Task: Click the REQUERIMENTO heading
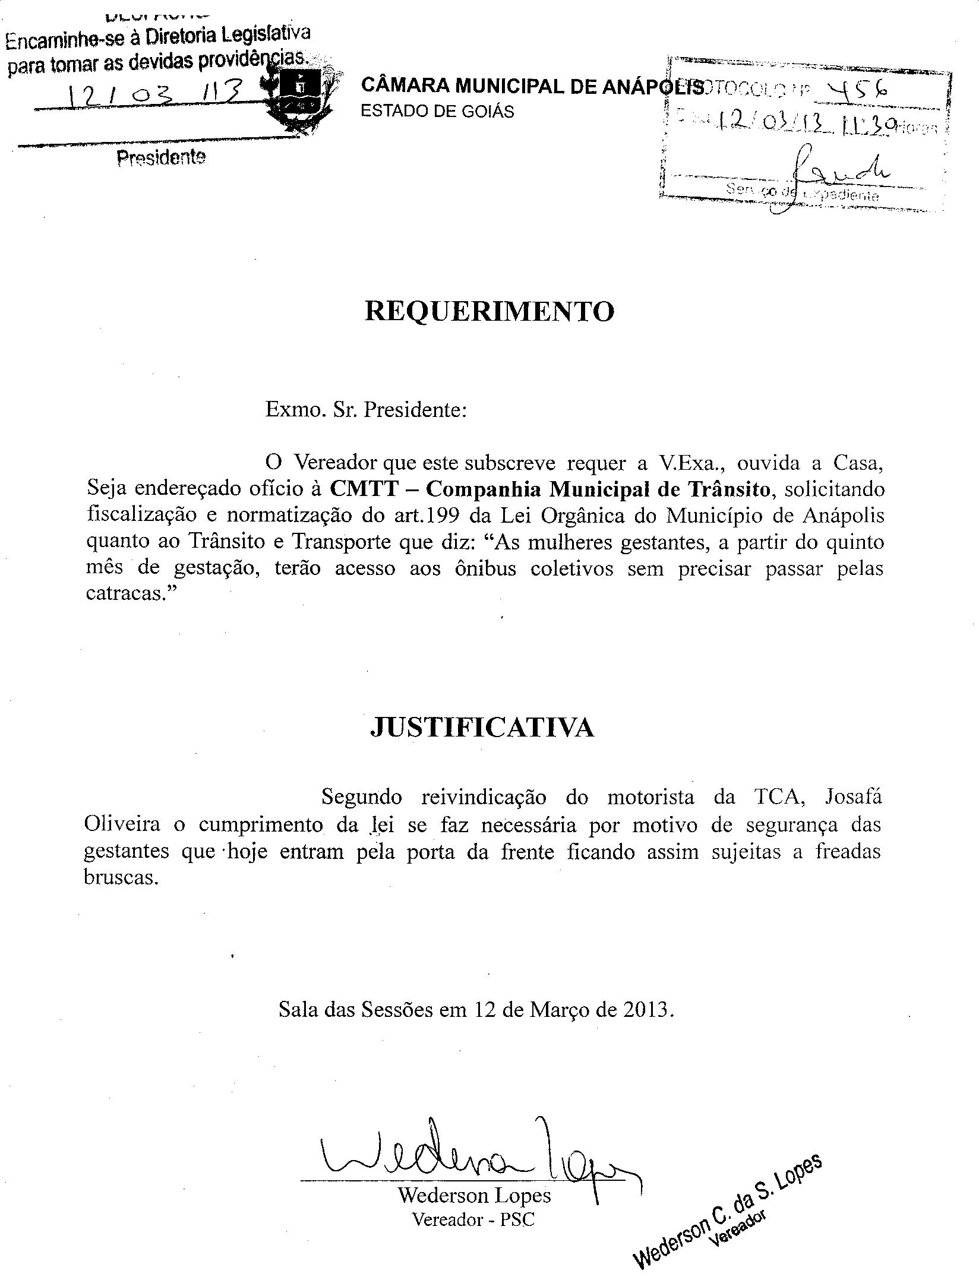(x=489, y=311)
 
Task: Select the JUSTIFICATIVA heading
(x=482, y=728)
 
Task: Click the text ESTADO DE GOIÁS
(x=438, y=112)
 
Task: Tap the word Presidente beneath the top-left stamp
(x=161, y=158)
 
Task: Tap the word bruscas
(x=121, y=877)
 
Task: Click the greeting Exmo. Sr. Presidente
(x=366, y=410)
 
